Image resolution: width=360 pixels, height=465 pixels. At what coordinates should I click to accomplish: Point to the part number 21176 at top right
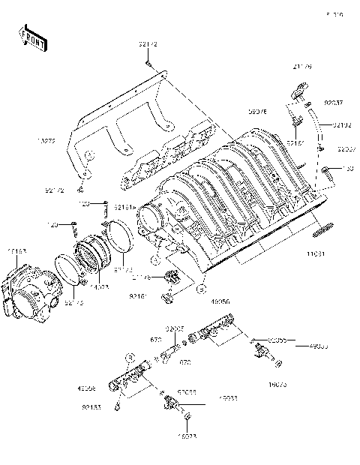(x=303, y=67)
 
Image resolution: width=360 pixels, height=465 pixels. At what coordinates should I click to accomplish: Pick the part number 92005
(x=175, y=328)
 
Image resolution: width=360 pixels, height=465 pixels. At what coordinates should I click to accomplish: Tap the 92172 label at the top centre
(x=148, y=45)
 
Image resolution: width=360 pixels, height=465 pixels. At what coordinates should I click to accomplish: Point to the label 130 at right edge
(x=349, y=169)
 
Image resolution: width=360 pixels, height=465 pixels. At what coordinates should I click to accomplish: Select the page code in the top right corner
(x=333, y=14)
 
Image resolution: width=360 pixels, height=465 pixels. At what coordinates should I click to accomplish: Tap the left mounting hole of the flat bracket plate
(x=88, y=155)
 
